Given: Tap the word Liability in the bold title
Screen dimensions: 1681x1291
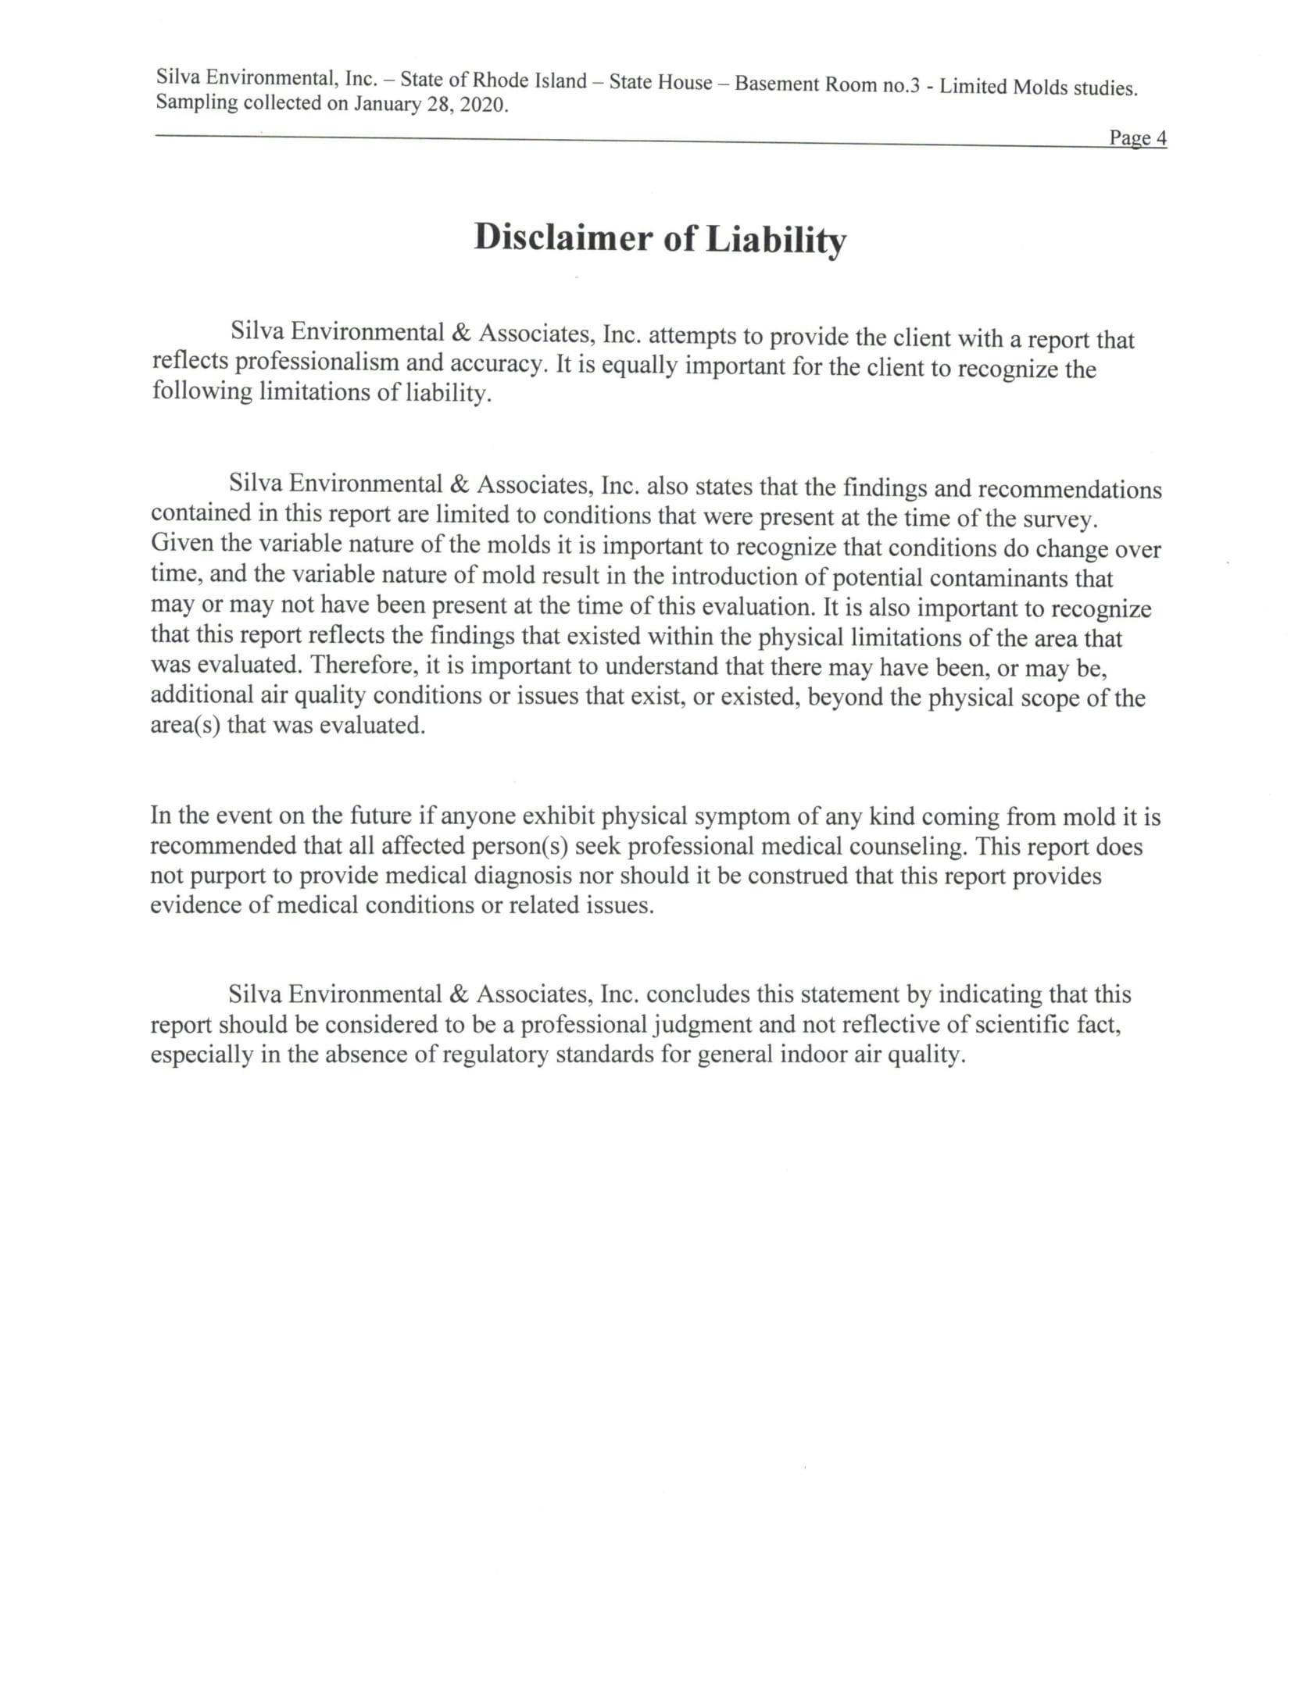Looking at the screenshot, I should [x=775, y=241].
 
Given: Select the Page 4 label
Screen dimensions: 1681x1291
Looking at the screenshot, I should [x=1137, y=138].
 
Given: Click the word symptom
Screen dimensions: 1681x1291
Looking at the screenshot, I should [x=742, y=816].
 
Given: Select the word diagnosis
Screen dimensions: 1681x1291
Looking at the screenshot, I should [x=523, y=876].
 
